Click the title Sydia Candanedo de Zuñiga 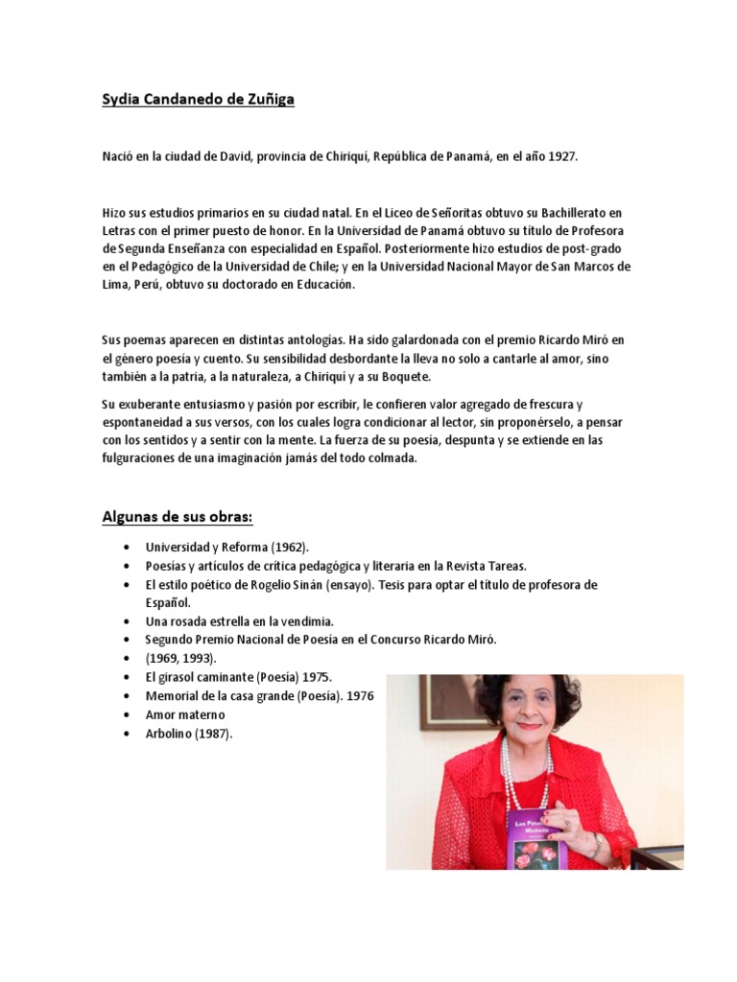tap(198, 99)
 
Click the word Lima tap(117, 285)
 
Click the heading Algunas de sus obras tap(178, 518)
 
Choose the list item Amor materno tap(185, 715)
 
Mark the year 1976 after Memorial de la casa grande tap(362, 696)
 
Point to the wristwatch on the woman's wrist tap(596, 843)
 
